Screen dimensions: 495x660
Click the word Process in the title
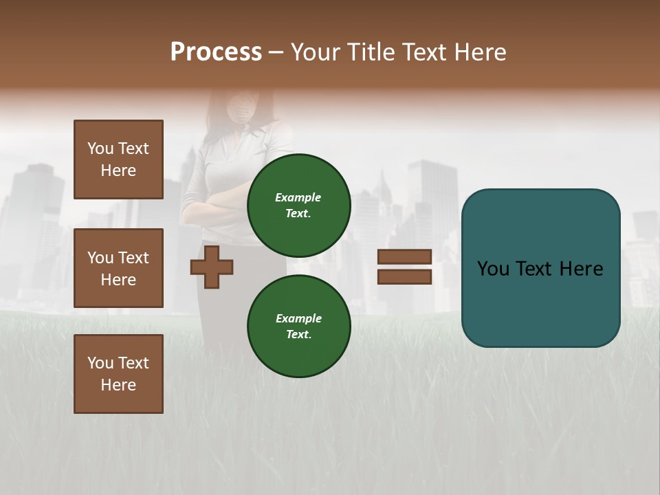coord(216,52)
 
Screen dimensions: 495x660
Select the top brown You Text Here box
coord(118,159)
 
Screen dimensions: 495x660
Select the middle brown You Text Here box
coord(118,268)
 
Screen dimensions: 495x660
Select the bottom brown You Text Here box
coord(118,373)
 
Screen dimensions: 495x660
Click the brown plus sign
coord(212,267)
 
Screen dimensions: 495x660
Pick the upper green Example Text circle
coord(298,206)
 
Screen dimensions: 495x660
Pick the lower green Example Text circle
coord(298,326)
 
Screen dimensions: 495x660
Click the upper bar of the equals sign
coord(404,257)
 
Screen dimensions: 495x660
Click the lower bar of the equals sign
coord(404,276)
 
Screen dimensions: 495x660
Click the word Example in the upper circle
coord(298,197)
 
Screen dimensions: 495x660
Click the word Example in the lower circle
coord(298,318)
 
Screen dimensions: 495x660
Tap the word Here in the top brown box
coord(118,170)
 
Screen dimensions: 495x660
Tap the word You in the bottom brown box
coord(100,363)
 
